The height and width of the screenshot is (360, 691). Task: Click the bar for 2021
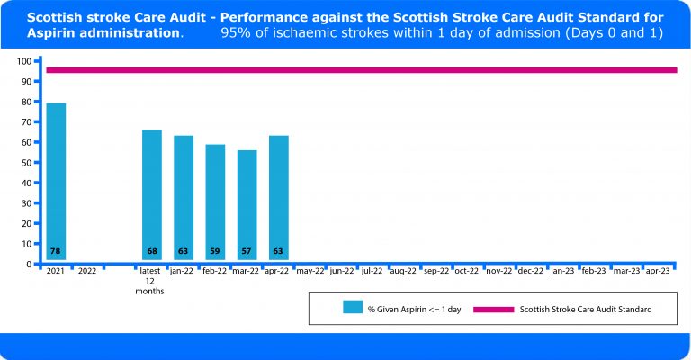tap(56, 180)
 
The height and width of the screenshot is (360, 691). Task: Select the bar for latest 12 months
tap(151, 193)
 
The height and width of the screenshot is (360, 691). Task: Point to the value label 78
tap(56, 251)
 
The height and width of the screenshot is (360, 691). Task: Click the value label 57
tap(247, 251)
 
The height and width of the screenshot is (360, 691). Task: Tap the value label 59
tap(215, 251)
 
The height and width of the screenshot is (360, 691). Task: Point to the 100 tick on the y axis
tap(24, 61)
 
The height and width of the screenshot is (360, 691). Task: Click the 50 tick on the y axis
tap(27, 163)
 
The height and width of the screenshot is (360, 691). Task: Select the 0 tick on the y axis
tap(30, 265)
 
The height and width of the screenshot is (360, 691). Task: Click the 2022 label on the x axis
tap(87, 270)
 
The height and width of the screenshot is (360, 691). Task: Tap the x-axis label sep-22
tap(435, 270)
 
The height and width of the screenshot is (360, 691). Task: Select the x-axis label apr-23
tap(658, 270)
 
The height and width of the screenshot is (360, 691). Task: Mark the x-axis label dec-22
tap(531, 270)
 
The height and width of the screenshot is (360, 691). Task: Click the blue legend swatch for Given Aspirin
tap(352, 308)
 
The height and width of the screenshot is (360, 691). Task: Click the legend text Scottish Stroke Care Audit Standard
tap(586, 309)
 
